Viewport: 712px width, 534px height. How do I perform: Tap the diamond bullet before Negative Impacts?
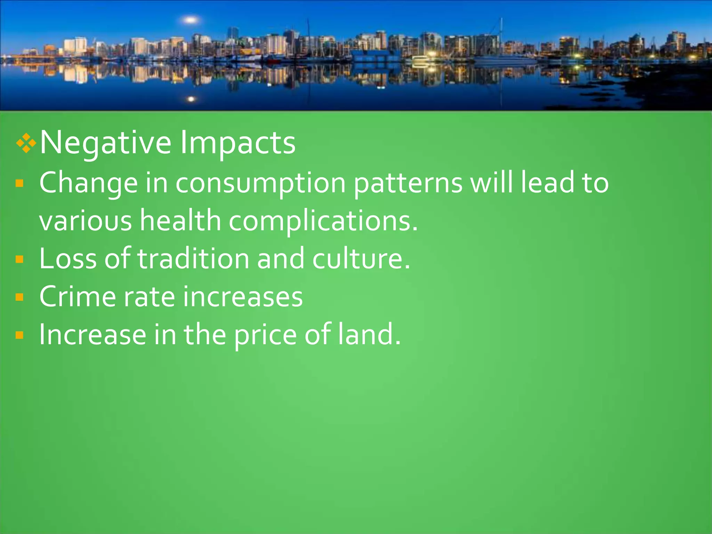(x=26, y=143)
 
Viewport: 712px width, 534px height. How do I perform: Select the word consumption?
(x=260, y=183)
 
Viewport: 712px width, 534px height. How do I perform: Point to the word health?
(x=180, y=221)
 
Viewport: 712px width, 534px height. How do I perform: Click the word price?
(x=265, y=335)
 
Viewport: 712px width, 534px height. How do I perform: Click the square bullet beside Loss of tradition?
(x=19, y=259)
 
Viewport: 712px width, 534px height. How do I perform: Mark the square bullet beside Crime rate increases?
(x=19, y=297)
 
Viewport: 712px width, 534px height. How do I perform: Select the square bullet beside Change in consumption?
(x=19, y=183)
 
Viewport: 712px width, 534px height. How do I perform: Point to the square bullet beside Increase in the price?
(x=19, y=335)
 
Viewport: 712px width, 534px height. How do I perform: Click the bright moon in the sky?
(x=191, y=20)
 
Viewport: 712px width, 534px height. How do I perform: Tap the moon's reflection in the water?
(x=191, y=99)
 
